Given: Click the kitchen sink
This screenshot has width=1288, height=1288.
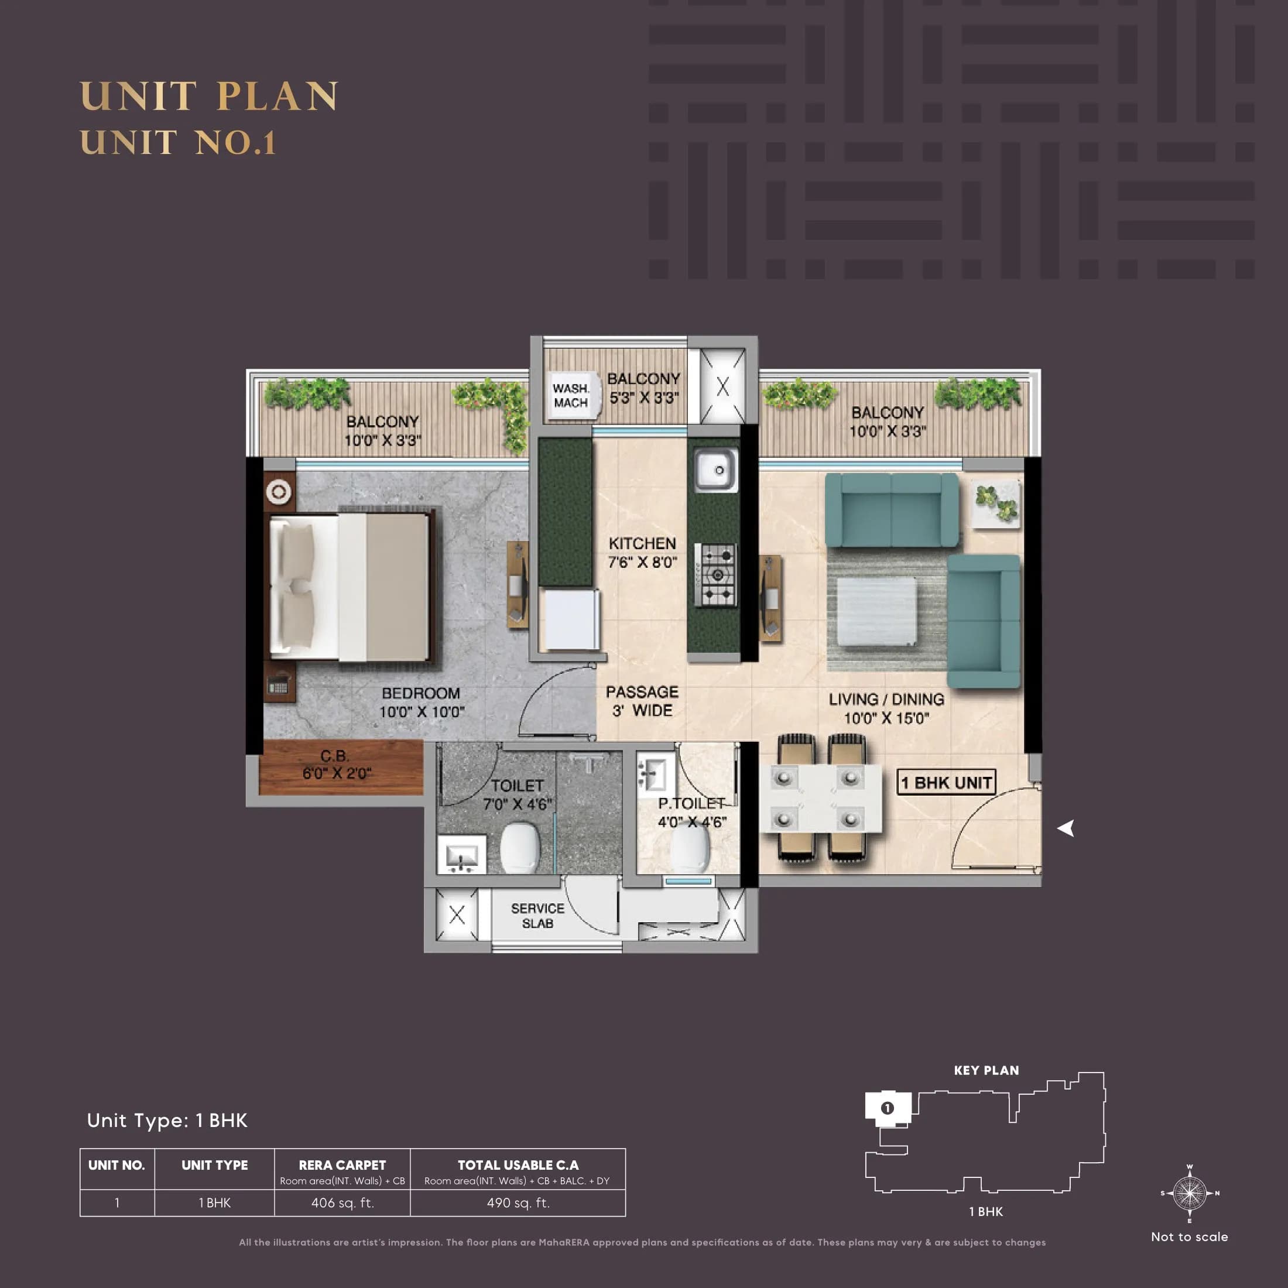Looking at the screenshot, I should pyautogui.click(x=716, y=470).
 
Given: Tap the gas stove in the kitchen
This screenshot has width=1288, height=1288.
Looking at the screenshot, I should pyautogui.click(x=716, y=575).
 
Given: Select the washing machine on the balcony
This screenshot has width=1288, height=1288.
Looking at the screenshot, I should pyautogui.click(x=571, y=395).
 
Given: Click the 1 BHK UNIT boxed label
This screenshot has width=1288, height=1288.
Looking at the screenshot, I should pyautogui.click(x=946, y=783).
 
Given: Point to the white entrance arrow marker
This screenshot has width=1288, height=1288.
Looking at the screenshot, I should pyautogui.click(x=1066, y=828).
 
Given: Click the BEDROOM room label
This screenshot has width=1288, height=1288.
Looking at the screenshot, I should pyautogui.click(x=421, y=693).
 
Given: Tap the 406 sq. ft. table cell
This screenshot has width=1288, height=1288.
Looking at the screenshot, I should pyautogui.click(x=342, y=1203).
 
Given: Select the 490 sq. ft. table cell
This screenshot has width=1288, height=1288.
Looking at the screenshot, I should pyautogui.click(x=518, y=1203).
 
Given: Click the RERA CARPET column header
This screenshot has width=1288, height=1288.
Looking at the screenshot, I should pyautogui.click(x=342, y=1165).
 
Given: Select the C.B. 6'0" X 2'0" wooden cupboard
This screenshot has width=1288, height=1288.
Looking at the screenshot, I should pyautogui.click(x=340, y=767).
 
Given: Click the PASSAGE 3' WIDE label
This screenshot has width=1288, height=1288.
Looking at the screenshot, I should pyautogui.click(x=642, y=701).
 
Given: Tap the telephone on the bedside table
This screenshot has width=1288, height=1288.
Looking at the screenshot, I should pyautogui.click(x=278, y=684).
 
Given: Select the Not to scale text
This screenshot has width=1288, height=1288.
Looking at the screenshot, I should pyautogui.click(x=1189, y=1236).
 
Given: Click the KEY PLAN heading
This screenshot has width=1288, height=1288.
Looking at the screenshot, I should pyautogui.click(x=986, y=1071).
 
